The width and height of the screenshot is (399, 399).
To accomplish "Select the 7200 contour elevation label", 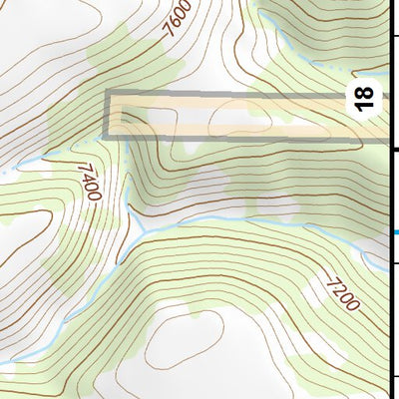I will (341, 292).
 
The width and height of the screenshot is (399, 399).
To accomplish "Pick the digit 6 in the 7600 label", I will (176, 22).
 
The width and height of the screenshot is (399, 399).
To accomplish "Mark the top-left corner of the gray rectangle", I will (107, 93).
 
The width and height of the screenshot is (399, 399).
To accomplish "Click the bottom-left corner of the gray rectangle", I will (107, 137).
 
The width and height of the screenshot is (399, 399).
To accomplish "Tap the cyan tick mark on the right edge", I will (394, 232).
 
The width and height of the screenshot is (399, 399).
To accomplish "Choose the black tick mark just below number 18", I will (394, 149).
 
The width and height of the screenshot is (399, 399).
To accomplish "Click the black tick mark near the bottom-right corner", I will (394, 376).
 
